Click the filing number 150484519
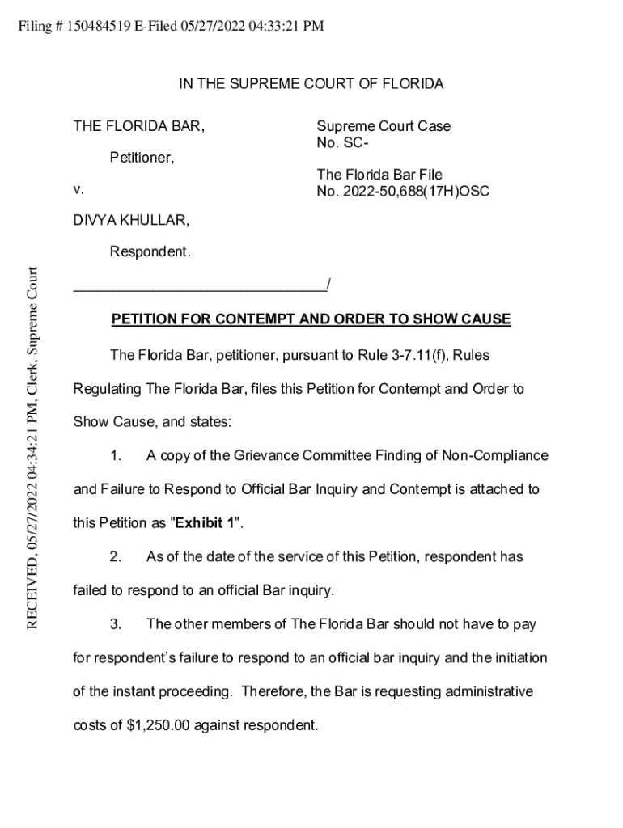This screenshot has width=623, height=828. (x=100, y=26)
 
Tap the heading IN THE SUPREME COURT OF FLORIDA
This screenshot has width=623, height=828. (x=311, y=84)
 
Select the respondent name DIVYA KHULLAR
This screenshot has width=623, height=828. (x=132, y=220)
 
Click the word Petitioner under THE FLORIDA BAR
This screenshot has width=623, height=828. (x=142, y=158)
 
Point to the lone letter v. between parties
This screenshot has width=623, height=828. (x=78, y=190)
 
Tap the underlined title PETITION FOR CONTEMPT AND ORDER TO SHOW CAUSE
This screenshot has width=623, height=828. (x=311, y=319)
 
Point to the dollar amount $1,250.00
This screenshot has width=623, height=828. (x=159, y=725)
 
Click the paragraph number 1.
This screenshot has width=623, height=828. (x=116, y=456)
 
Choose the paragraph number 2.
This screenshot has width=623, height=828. (x=116, y=557)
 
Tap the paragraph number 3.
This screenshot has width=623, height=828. (x=116, y=624)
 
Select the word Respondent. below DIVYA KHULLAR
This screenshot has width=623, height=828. (x=150, y=252)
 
